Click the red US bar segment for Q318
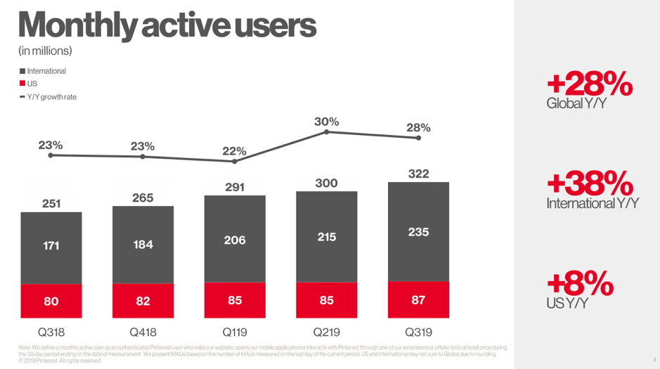51,302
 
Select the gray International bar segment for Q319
418,231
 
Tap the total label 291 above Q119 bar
235,187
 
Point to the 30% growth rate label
326,121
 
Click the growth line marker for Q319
419,138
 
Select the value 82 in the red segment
143,302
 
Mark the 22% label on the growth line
235,150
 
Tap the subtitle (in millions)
46,51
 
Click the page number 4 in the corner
653,360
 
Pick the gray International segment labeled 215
326,237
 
